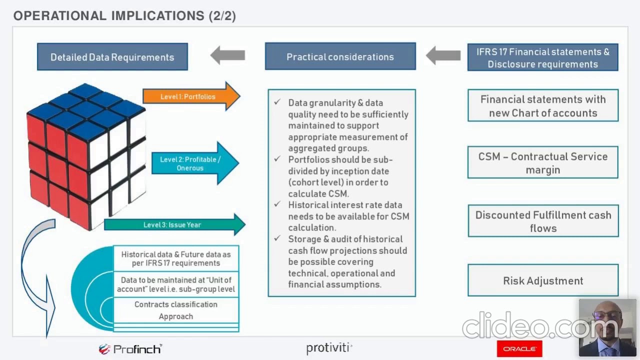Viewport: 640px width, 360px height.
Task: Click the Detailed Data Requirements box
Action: tap(112, 57)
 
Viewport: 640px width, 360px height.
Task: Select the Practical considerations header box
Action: tap(340, 56)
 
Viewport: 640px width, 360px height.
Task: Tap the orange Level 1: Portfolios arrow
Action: tap(190, 96)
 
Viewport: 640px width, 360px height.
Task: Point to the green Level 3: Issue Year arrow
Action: tap(172, 225)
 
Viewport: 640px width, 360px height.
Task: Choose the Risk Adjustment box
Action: tap(543, 281)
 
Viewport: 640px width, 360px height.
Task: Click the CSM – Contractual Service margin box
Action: tap(543, 163)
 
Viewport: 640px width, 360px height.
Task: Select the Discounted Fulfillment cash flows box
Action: tap(543, 221)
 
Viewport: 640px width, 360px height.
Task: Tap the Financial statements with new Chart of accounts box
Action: tap(543, 106)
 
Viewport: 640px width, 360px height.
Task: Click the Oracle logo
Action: tap(519, 348)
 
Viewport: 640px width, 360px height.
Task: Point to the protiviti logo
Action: tap(329, 348)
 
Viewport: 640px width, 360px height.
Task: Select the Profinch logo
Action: tap(130, 349)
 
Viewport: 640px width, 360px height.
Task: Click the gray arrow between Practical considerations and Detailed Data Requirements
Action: tap(228, 55)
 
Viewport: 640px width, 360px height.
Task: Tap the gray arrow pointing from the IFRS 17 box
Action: tap(443, 55)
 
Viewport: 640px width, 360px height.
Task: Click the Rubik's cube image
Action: tap(86, 155)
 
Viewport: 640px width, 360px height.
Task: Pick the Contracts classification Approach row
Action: tap(176, 310)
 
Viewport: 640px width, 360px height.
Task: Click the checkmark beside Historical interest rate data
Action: tap(277, 204)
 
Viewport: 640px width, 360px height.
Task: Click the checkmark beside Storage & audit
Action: tap(277, 238)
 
